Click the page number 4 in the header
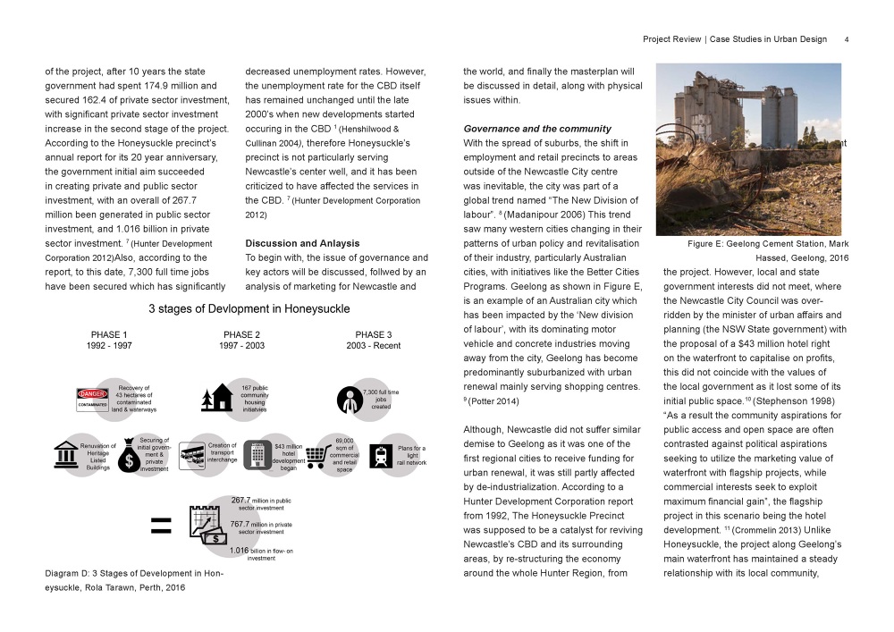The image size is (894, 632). point(846,39)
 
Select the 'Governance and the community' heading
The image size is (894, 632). point(536,129)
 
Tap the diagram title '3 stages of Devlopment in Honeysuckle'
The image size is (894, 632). point(249,309)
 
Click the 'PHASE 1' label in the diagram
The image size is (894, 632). point(109,335)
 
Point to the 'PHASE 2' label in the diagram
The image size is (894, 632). point(241,335)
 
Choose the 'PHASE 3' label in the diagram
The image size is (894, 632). point(374,335)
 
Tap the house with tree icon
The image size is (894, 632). point(217,399)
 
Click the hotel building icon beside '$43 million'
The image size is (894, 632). point(257,455)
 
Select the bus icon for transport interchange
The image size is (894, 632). point(192,455)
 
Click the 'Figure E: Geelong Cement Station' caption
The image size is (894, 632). point(764,243)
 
